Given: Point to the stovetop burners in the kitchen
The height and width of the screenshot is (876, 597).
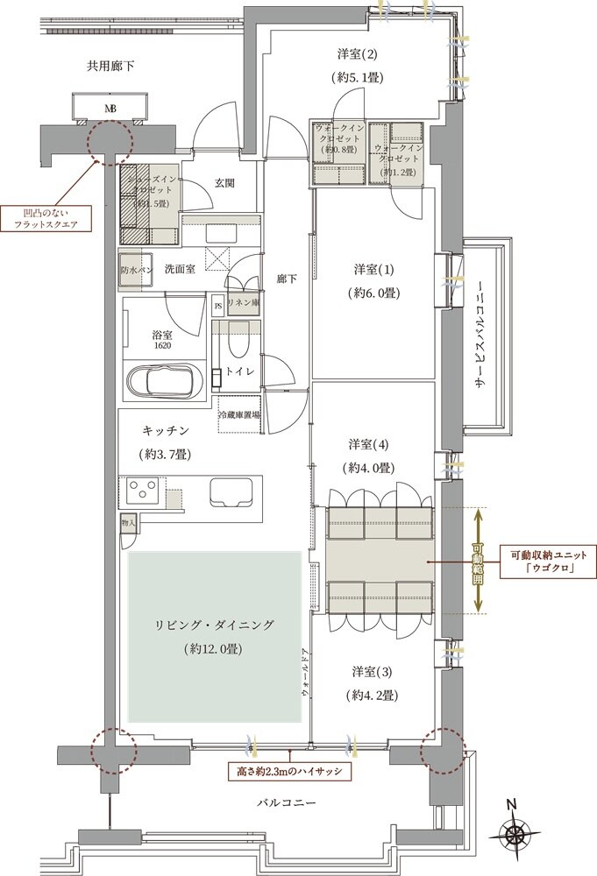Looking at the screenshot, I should click(142, 489).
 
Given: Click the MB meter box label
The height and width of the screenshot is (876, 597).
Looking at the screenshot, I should click(110, 109).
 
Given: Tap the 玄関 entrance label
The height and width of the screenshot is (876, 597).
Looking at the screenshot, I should click(224, 183).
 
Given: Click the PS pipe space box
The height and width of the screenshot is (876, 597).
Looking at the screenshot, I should click(217, 306).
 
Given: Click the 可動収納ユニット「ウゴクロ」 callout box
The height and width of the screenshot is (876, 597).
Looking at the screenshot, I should click(541, 560).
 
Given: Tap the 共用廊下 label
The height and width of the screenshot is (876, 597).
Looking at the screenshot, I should click(109, 66).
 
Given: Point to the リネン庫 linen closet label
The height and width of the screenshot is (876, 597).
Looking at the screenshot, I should click(242, 302).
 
